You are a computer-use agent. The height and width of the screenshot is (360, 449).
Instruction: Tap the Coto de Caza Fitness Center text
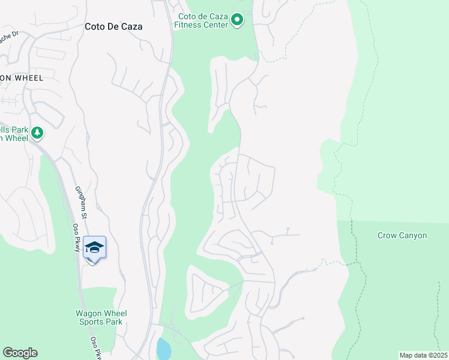[201, 20]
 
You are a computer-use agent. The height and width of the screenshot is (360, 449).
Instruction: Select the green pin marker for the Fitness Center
[237, 21]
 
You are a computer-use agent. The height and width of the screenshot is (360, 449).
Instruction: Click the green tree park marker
[37, 132]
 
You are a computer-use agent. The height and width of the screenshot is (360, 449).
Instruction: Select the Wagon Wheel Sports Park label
[101, 317]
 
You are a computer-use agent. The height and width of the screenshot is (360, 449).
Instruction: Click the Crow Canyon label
[402, 235]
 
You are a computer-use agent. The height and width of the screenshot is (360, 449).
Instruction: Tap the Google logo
[20, 353]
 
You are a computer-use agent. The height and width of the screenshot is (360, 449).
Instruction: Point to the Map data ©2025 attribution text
[423, 355]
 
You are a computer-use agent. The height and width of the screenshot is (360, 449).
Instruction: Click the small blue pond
[163, 349]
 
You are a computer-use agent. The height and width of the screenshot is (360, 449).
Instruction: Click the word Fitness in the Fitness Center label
[189, 25]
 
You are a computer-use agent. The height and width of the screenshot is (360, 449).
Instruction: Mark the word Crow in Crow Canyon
[387, 235]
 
